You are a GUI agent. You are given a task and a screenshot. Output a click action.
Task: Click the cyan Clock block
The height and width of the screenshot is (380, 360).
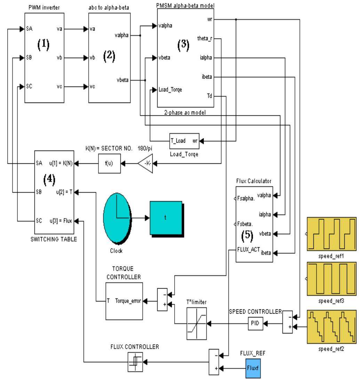pyautogui.click(x=117, y=218)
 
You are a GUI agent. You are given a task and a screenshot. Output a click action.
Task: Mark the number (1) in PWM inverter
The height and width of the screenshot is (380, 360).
pyautogui.click(x=44, y=45)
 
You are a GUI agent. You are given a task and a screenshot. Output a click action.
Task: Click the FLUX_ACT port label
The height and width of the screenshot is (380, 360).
pyautogui.click(x=247, y=249)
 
